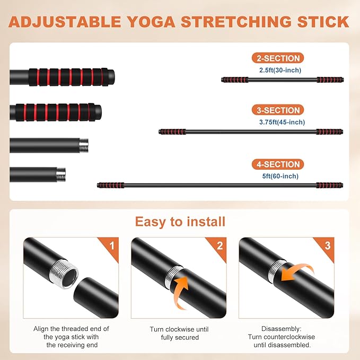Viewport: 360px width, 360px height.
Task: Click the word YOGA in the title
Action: (x=151, y=22)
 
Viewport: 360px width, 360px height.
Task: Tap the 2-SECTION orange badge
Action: (x=278, y=58)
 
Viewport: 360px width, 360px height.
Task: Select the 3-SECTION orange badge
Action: (x=278, y=110)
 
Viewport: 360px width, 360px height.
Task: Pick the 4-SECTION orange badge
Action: (x=278, y=164)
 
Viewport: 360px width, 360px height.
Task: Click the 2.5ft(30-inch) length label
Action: (x=280, y=70)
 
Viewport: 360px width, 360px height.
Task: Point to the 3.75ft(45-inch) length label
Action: (x=282, y=122)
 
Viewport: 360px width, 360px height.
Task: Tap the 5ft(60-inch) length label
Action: (x=280, y=176)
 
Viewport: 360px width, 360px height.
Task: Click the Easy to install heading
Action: (x=180, y=222)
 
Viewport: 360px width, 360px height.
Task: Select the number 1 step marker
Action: (x=112, y=246)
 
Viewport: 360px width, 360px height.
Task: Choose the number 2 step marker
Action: (x=219, y=246)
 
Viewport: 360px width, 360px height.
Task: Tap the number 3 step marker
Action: (x=328, y=246)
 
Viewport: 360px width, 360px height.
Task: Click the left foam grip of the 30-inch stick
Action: (x=235, y=80)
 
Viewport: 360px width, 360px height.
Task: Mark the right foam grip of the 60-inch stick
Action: (x=329, y=185)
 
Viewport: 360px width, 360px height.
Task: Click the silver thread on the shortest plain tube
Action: (x=61, y=175)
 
